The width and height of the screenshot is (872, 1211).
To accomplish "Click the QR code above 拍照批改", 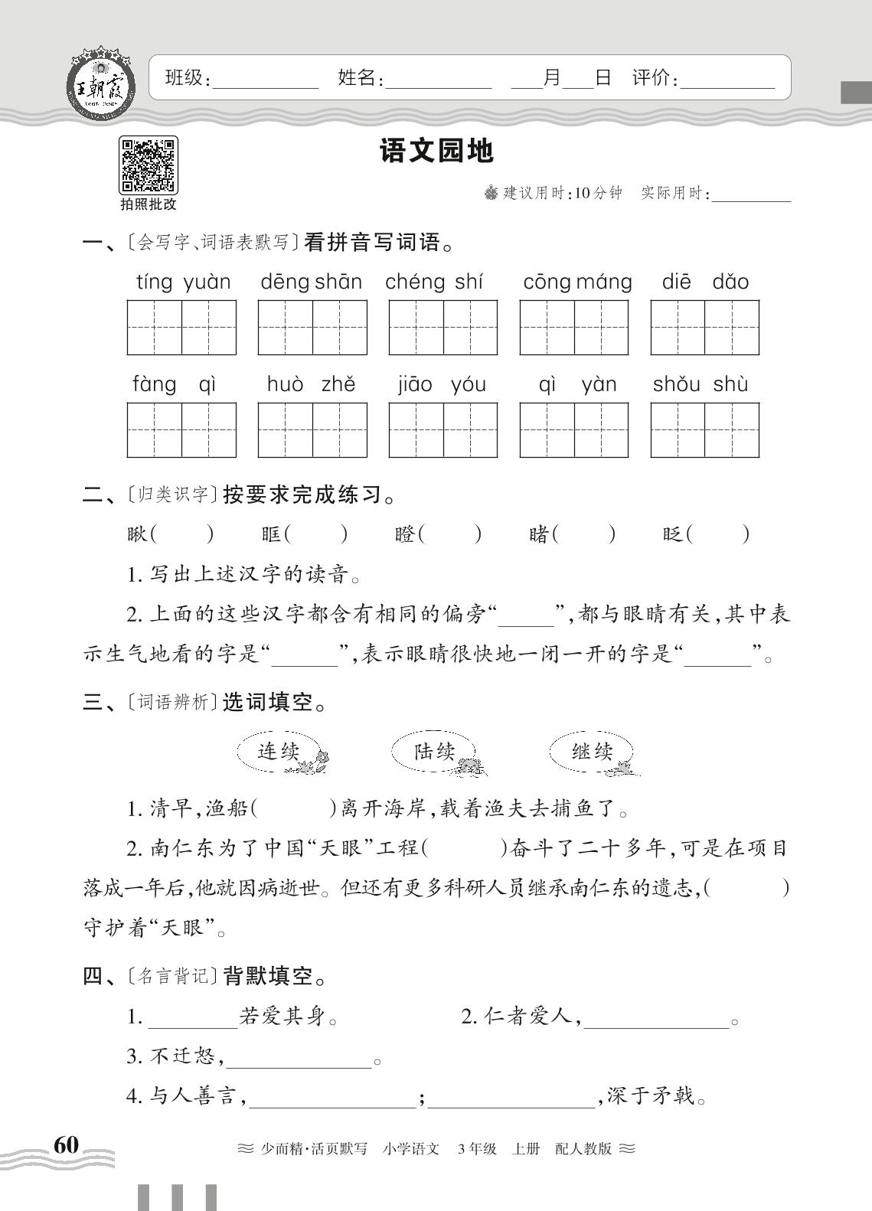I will [x=148, y=165].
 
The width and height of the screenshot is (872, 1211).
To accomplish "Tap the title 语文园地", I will [x=436, y=152].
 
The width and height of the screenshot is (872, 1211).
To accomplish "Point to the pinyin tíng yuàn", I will [x=183, y=282].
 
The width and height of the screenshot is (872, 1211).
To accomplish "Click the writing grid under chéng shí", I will [x=443, y=328].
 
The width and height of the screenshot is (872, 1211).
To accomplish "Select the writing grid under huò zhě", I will [x=312, y=429].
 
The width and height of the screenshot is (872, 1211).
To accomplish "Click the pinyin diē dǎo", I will [x=704, y=282].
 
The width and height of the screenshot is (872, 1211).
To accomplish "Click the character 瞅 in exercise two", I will [x=137, y=534].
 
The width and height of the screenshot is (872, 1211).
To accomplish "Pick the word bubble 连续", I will [x=279, y=751].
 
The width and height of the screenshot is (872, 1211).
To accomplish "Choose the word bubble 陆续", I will [x=434, y=751].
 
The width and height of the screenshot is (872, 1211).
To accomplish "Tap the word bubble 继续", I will [x=592, y=751].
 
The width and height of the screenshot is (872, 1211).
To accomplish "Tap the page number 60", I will [x=66, y=1145].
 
